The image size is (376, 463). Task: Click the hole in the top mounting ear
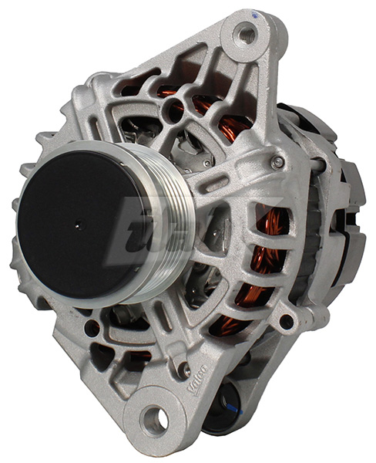247,33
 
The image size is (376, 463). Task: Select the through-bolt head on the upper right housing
277,163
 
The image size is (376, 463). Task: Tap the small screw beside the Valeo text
183,370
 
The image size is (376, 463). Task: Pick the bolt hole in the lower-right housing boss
287,321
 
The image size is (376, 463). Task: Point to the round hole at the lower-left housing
92,328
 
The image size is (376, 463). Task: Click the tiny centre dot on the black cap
76,226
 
